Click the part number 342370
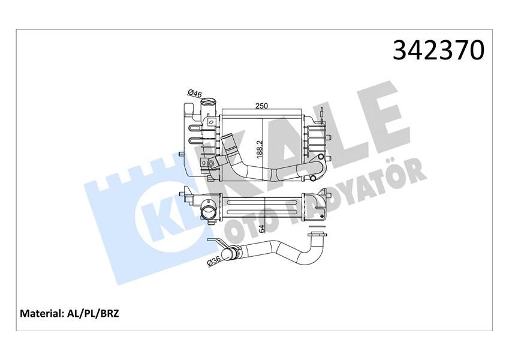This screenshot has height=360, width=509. tap(438, 50)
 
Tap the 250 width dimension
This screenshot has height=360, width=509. tap(261, 106)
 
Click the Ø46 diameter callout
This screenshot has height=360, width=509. tap(194, 93)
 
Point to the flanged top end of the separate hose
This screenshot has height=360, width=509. tap(316, 234)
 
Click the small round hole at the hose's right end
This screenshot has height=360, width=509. tap(314, 178)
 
